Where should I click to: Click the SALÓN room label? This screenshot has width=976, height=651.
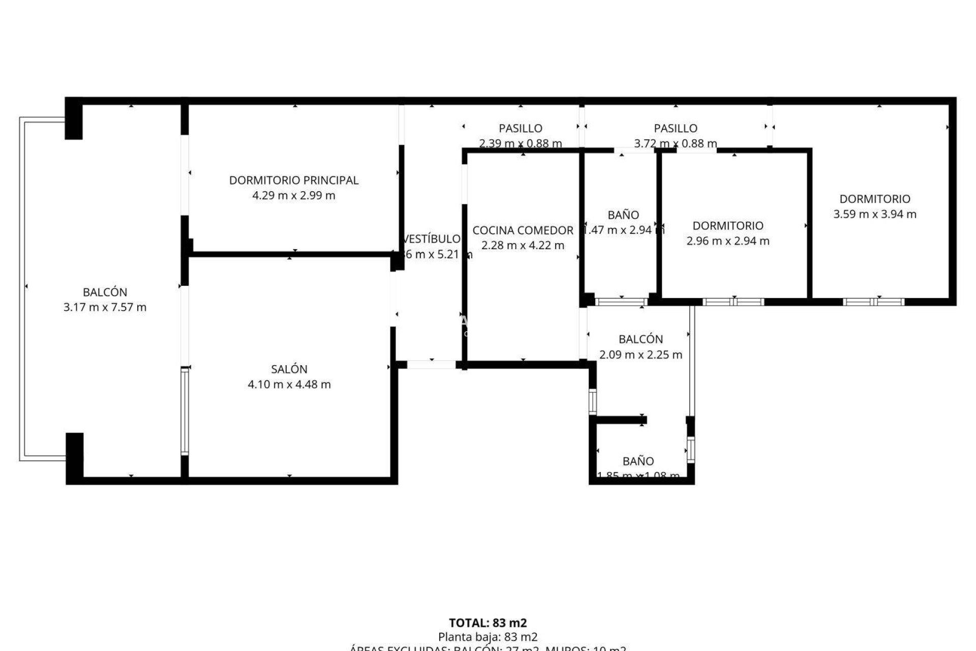point(289,369)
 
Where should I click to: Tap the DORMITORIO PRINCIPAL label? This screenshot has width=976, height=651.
point(294,180)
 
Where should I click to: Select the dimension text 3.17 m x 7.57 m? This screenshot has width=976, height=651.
point(105,307)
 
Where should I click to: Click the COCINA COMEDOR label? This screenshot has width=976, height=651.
point(523,230)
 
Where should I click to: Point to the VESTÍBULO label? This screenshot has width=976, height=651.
point(432,239)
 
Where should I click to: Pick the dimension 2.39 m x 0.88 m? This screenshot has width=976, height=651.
point(521,143)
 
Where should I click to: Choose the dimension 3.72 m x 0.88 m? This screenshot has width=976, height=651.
point(675,143)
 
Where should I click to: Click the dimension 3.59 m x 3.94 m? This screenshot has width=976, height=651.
point(874,214)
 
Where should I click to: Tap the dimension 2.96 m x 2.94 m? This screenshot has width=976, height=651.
point(727,241)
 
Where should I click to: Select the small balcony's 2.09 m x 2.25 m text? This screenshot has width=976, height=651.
point(640,354)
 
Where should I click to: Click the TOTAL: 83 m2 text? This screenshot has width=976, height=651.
point(487,623)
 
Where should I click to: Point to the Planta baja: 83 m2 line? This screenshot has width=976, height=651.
point(487,637)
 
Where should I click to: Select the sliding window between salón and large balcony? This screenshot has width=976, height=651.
point(185,411)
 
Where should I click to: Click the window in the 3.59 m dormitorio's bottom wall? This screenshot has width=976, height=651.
point(873,302)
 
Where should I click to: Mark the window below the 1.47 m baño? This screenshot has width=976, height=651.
point(621,302)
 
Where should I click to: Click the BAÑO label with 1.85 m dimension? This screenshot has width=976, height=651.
point(638,461)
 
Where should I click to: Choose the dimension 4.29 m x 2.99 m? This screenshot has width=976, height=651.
point(294,195)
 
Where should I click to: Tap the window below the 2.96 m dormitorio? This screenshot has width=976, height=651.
point(733,302)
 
